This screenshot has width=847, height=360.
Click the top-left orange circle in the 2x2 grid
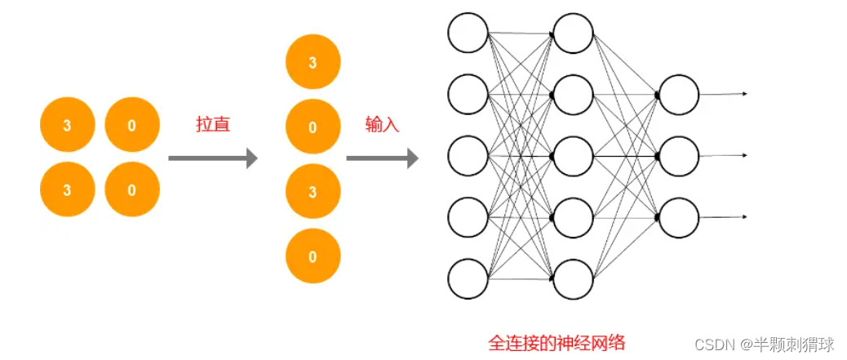pyautogui.click(x=67, y=125)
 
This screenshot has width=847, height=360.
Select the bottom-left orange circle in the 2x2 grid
pyautogui.click(x=67, y=189)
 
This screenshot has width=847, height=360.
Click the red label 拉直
pyautogui.click(x=213, y=124)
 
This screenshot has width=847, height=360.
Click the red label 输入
pyautogui.click(x=382, y=124)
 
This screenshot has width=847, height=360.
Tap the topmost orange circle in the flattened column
pyautogui.click(x=313, y=63)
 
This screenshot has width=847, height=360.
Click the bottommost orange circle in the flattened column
pyautogui.click(x=313, y=256)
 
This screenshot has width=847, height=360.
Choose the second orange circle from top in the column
pyautogui.click(x=313, y=127)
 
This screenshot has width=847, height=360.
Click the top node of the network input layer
pyautogui.click(x=468, y=33)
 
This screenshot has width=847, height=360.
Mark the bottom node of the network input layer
pyautogui.click(x=468, y=278)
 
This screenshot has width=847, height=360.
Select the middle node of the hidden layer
pyautogui.click(x=573, y=156)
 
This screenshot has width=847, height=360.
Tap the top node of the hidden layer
pyautogui.click(x=573, y=33)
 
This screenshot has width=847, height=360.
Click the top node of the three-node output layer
pyautogui.click(x=679, y=95)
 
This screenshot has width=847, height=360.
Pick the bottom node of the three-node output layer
pyautogui.click(x=679, y=217)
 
